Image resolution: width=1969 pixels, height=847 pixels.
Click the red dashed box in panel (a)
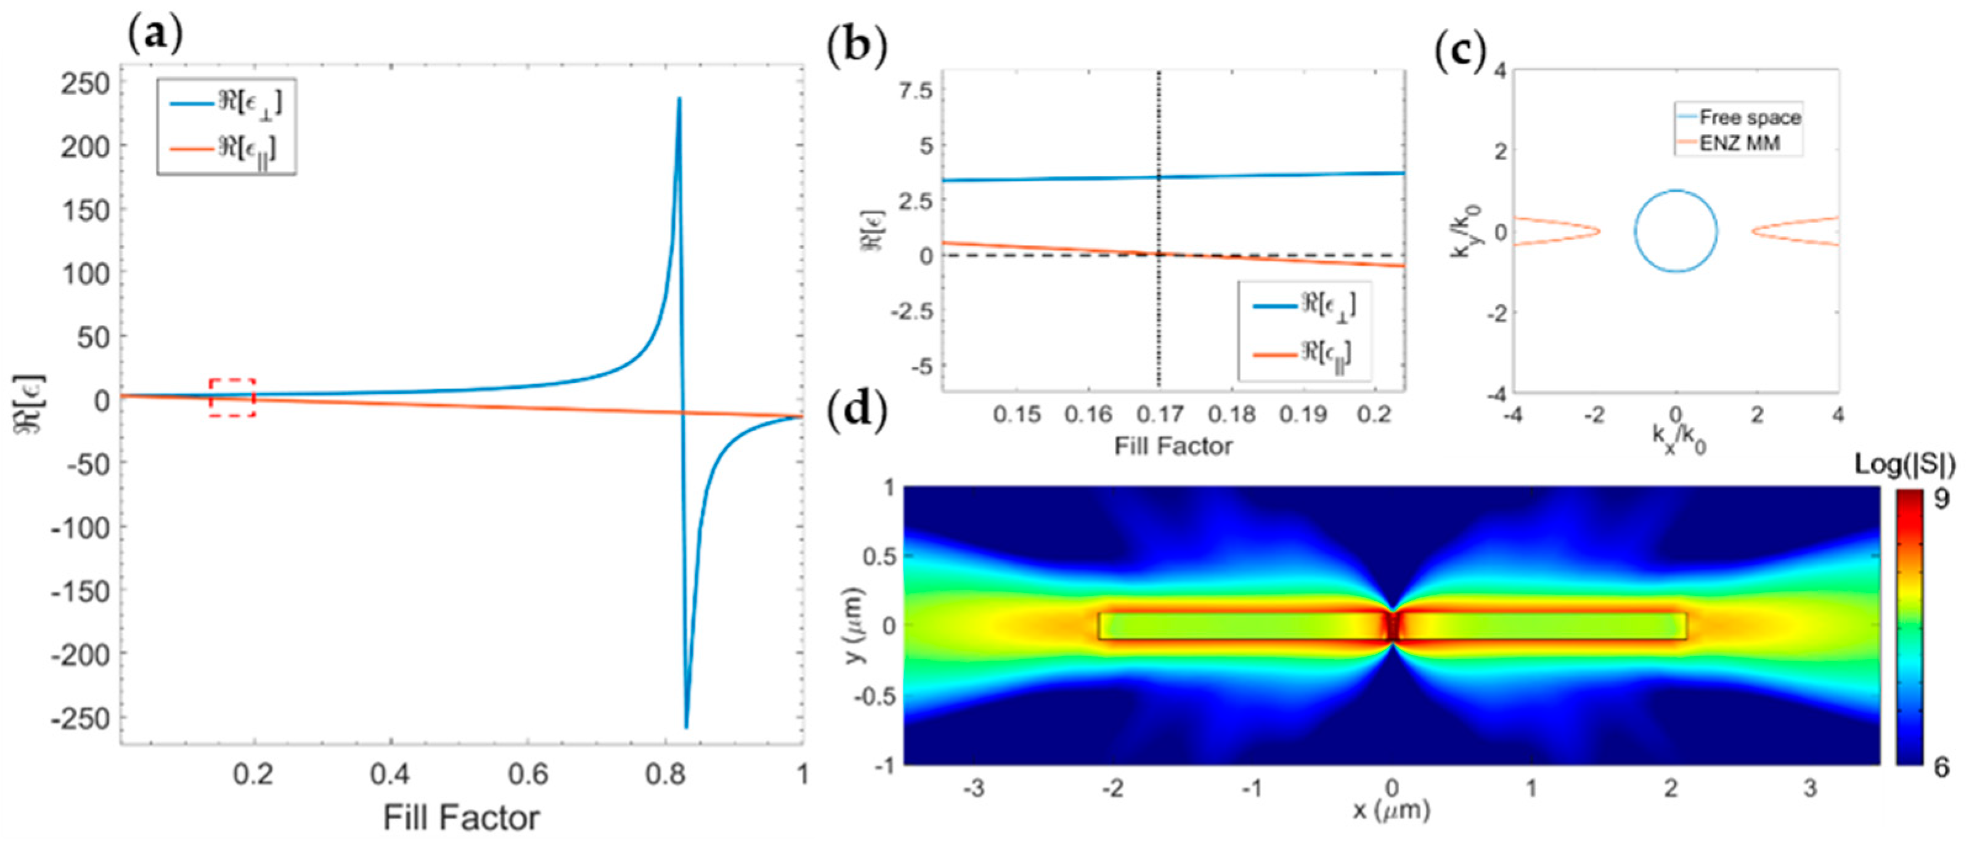232,397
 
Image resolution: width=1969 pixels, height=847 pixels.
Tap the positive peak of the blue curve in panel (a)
679,99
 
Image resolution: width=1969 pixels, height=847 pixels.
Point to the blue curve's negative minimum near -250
687,726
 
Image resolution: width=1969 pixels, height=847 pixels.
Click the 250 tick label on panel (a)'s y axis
85,83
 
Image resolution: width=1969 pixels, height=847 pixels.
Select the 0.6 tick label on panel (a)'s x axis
528,774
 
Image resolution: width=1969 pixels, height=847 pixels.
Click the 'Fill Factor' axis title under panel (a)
461,818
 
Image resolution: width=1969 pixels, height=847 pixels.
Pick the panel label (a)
155,34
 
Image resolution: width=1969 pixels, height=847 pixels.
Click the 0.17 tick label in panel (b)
1160,415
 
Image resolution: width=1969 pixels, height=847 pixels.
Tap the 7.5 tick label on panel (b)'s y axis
915,91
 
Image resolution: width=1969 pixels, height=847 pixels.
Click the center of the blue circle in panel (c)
1676,231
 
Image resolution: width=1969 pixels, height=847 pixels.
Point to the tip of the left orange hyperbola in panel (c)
1599,231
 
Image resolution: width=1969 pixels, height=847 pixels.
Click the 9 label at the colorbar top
1941,499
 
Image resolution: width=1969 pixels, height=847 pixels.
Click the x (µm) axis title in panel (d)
1391,810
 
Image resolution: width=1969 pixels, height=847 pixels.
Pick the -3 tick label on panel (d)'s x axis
973,787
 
